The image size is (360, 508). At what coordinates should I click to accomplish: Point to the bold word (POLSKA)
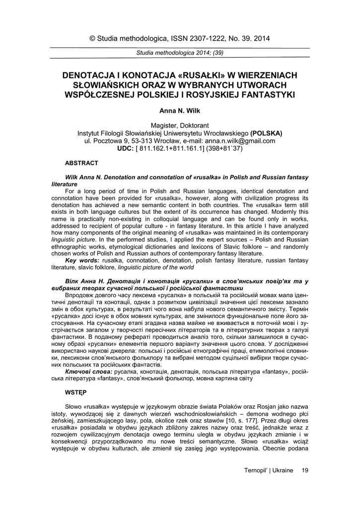(x=266, y=133)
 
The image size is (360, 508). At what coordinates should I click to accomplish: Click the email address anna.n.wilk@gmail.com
(x=240, y=141)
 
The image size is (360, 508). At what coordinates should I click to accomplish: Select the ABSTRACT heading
(x=82, y=163)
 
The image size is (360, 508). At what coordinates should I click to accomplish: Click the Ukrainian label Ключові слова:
(x=88, y=371)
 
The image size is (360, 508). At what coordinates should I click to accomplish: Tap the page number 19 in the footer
(x=304, y=470)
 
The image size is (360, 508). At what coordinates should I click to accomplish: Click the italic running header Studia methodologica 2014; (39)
(x=180, y=53)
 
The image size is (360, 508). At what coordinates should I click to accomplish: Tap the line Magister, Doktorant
(x=180, y=126)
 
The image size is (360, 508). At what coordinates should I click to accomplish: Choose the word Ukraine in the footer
(x=283, y=470)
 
